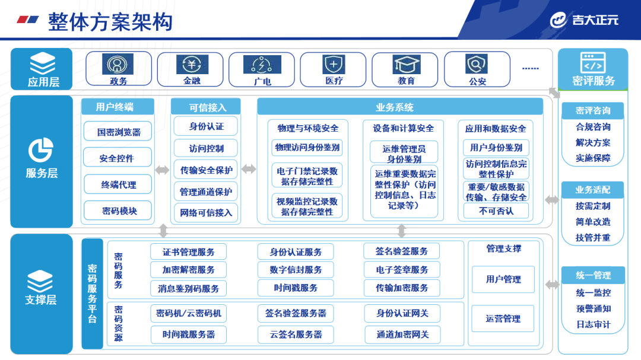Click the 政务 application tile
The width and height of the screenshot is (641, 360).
119,69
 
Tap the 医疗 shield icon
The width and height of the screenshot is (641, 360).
334,64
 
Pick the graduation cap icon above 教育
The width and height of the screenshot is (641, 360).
406,64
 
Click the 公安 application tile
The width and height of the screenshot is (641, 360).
477,69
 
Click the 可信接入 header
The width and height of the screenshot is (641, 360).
205,107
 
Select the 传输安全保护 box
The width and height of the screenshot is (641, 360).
206,170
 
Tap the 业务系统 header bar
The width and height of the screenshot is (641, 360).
400,107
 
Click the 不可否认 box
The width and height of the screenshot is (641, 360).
496,211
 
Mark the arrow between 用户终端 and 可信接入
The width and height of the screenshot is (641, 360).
162,170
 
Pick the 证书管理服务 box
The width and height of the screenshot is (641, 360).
188,251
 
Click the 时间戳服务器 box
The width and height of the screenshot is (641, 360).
188,334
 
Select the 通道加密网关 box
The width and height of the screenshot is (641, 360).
402,334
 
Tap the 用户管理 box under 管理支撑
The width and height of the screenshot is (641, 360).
503,279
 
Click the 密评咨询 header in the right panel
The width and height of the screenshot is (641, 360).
593,110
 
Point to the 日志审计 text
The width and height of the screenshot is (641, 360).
593,324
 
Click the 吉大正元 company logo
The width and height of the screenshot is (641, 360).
584,20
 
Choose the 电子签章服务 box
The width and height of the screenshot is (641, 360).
402,270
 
